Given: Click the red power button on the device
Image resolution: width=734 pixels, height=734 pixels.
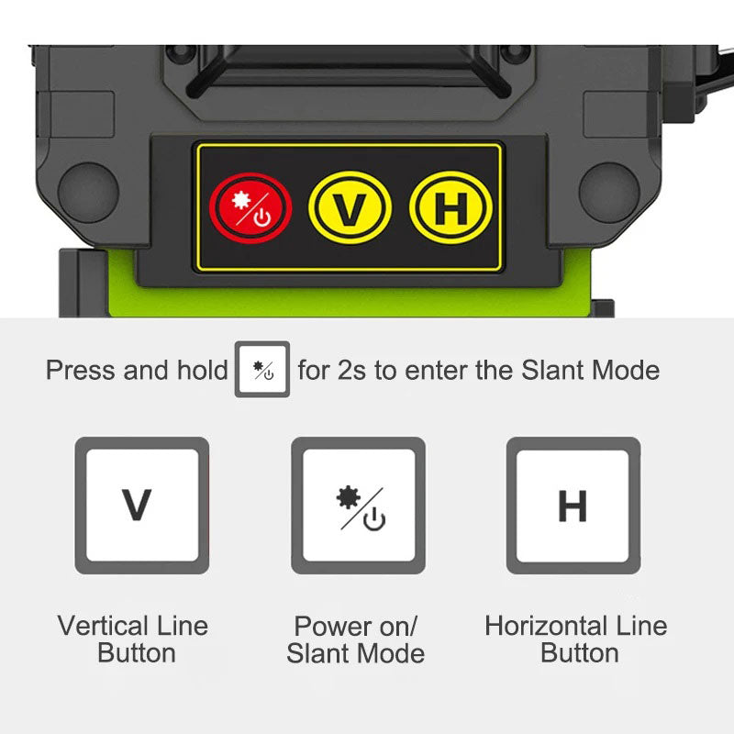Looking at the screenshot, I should (251, 208).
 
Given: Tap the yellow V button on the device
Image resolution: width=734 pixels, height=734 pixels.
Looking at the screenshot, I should (350, 208).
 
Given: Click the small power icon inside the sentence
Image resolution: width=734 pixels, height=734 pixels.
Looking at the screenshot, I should (262, 370).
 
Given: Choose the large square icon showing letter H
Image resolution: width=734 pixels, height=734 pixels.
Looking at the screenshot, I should (573, 506).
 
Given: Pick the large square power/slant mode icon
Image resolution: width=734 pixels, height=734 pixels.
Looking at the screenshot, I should (358, 506).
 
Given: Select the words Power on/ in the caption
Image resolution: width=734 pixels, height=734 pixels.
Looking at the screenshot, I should (356, 627).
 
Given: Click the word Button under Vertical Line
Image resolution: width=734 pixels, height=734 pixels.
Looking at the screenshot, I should (136, 653).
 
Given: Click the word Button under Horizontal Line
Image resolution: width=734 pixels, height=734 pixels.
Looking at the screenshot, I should (579, 653).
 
